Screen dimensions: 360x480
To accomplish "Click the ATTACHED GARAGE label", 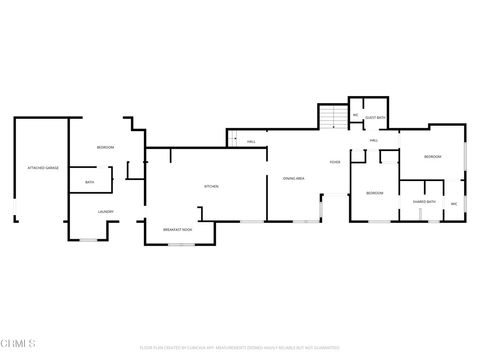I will tap(42, 168).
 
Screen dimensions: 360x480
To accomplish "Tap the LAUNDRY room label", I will tap(105, 212).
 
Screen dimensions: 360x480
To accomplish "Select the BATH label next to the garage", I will tap(90, 182).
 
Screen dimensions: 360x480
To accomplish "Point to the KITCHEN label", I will tap(211, 186).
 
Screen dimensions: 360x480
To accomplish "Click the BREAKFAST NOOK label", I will tap(177, 230).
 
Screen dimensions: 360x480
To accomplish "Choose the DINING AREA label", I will tap(293, 178).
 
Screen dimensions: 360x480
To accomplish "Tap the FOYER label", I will tap(335, 162).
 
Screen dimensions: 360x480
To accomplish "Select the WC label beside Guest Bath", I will tap(355, 116).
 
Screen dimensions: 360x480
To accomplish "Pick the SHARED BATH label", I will tap(423, 201).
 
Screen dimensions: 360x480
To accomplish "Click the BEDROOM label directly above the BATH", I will tap(105, 147).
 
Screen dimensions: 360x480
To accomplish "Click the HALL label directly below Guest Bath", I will tap(373, 140).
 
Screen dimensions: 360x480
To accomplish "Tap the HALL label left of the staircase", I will tap(252, 142).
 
